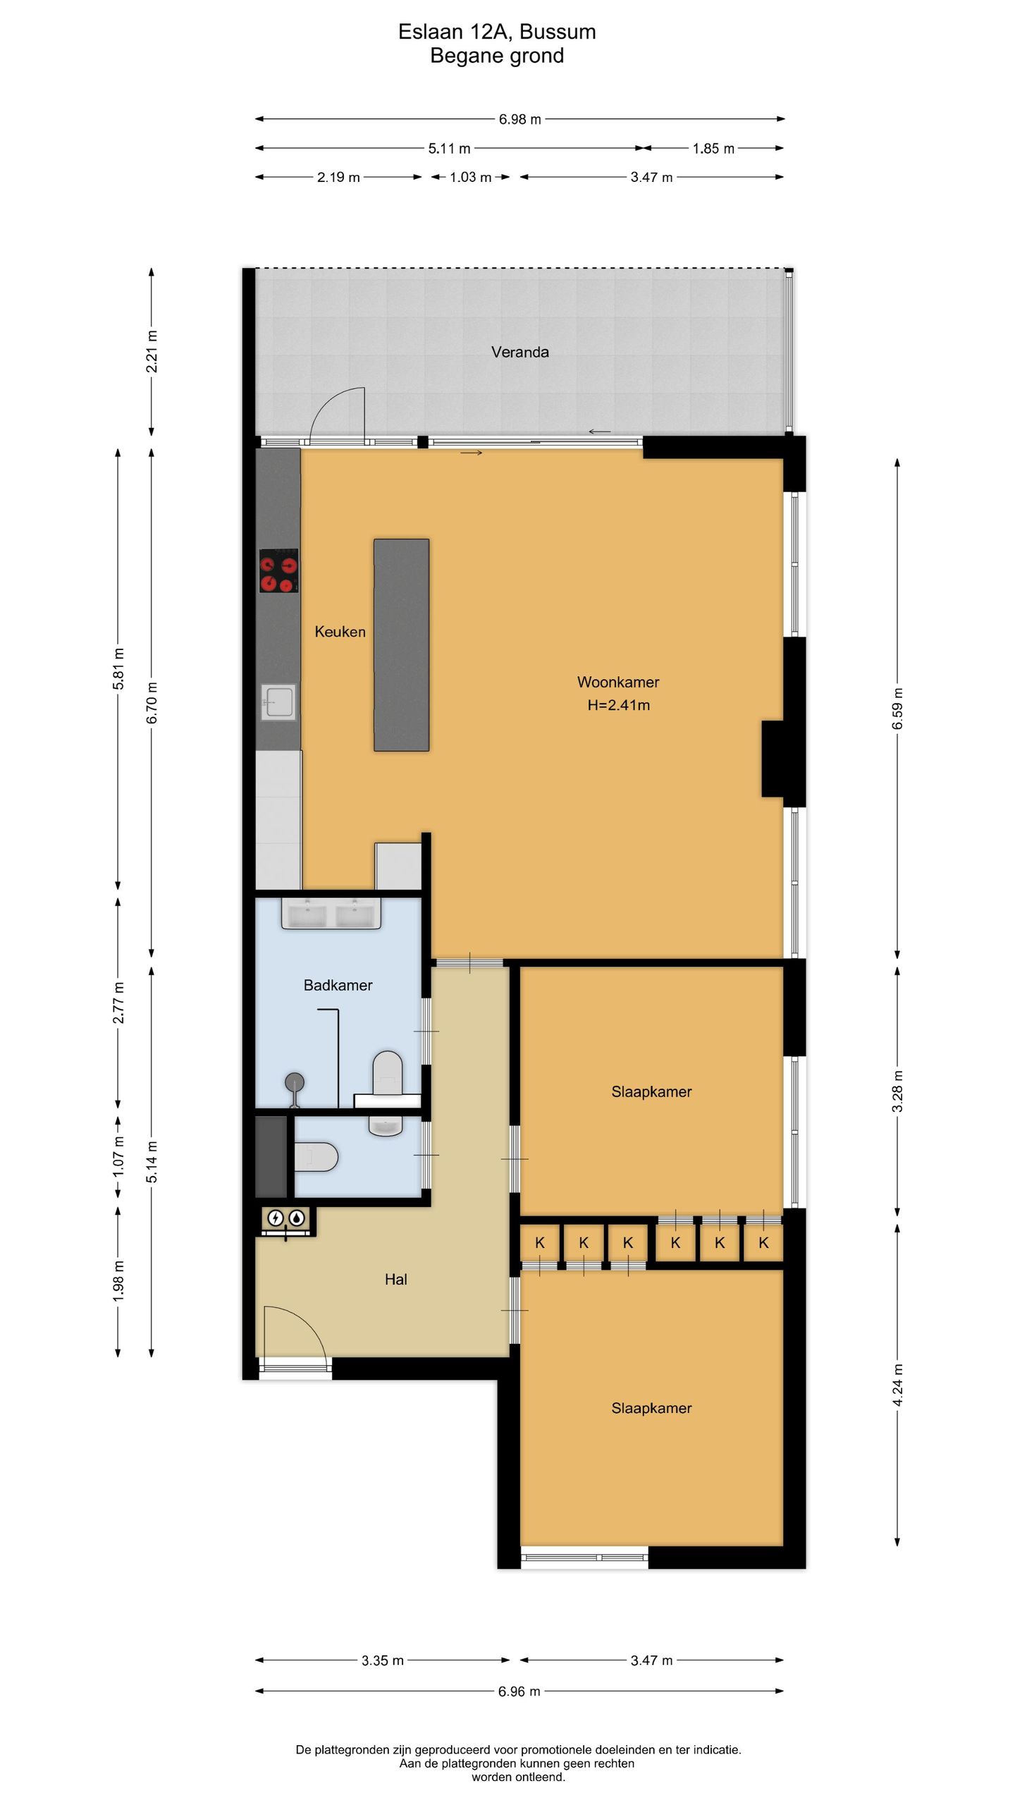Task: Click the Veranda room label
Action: click(519, 352)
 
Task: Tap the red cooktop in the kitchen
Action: click(279, 570)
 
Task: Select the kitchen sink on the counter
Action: click(279, 702)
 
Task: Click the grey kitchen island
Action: click(401, 644)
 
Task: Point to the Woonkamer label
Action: click(618, 682)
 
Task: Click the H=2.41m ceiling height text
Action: click(618, 704)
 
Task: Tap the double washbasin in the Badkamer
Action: click(331, 914)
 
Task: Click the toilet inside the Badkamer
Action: click(387, 1072)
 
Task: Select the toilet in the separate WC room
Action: click(316, 1157)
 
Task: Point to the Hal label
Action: click(395, 1279)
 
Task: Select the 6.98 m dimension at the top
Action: click(520, 119)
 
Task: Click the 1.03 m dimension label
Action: click(471, 177)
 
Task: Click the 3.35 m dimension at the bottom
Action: click(383, 1660)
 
